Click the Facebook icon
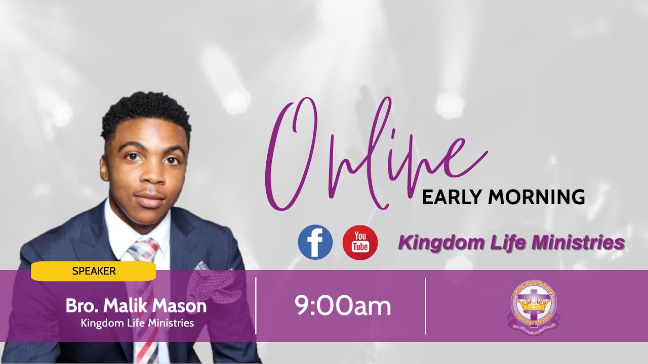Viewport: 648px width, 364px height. (x=315, y=242)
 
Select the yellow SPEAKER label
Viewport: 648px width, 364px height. (x=94, y=271)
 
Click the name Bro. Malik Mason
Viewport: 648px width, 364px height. (x=136, y=306)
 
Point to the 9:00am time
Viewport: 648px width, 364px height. (x=343, y=306)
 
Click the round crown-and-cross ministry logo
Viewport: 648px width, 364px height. (x=534, y=306)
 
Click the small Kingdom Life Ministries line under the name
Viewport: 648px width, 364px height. (x=137, y=323)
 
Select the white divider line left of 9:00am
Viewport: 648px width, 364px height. (x=256, y=305)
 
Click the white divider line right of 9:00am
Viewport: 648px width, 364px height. (x=425, y=305)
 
